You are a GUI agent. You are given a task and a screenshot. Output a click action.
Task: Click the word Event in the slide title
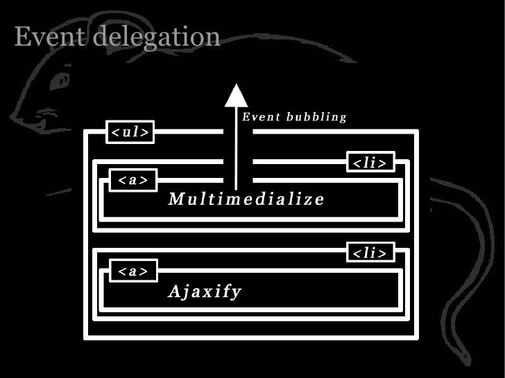click(49, 37)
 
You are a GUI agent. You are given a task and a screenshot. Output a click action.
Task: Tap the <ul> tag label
click(130, 133)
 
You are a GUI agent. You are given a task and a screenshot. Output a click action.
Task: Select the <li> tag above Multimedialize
click(370, 163)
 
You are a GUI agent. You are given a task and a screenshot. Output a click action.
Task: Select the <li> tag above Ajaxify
click(370, 253)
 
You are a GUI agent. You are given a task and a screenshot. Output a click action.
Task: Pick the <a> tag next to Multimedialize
click(132, 180)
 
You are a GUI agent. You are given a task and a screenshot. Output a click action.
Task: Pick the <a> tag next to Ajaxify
click(132, 271)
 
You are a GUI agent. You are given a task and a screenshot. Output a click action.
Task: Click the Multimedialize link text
click(246, 200)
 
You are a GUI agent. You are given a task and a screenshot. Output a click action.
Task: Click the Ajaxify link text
click(204, 291)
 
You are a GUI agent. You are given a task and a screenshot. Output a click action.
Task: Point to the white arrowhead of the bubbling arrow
click(237, 96)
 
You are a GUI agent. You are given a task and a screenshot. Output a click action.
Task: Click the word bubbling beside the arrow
click(316, 117)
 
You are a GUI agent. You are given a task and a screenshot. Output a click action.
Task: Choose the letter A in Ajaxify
click(174, 291)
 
